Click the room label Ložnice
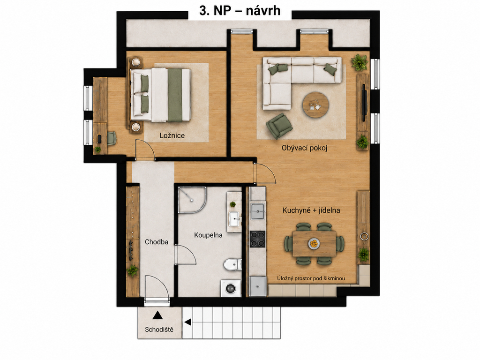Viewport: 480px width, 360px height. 172,135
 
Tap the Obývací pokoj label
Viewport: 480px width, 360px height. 305,148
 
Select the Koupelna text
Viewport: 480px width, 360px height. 208,235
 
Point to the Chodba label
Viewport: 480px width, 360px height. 157,242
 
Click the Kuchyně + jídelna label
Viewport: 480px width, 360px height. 311,210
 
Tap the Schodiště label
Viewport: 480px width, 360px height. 159,330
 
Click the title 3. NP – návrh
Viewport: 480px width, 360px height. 240,11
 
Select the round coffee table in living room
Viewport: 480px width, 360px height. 316,105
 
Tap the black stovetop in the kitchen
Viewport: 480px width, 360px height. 258,239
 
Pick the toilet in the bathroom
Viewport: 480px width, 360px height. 232,264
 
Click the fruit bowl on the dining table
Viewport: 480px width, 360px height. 314,244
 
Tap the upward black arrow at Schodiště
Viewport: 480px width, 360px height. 157,315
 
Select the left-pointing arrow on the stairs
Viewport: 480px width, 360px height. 187,322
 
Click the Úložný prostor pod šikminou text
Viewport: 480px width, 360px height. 311,278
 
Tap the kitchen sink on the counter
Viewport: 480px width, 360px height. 257,211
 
